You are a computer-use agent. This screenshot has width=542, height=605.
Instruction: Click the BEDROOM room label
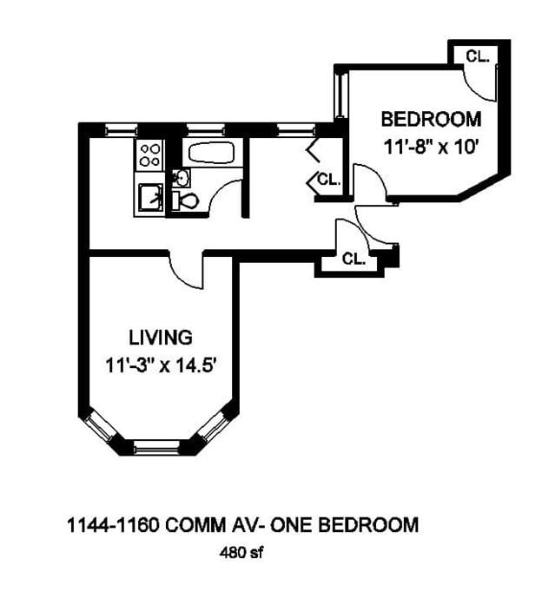tap(430, 119)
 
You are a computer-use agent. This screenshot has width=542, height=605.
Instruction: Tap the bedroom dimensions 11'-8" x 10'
tap(431, 147)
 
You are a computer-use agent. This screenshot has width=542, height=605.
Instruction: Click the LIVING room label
tap(161, 337)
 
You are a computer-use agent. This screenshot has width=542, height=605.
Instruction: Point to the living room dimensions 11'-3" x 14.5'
tap(161, 365)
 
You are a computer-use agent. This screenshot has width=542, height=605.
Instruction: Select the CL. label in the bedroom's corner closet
tap(477, 56)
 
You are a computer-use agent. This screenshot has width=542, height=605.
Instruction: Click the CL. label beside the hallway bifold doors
tap(328, 180)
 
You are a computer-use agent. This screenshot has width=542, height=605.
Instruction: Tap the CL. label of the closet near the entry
tap(353, 258)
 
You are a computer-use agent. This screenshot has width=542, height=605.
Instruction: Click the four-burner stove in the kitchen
tap(149, 155)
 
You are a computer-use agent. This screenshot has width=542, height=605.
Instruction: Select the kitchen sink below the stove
tap(149, 198)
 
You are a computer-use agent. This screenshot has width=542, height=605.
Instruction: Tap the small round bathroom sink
tap(182, 178)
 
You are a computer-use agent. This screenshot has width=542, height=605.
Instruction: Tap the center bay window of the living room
tap(158, 448)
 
